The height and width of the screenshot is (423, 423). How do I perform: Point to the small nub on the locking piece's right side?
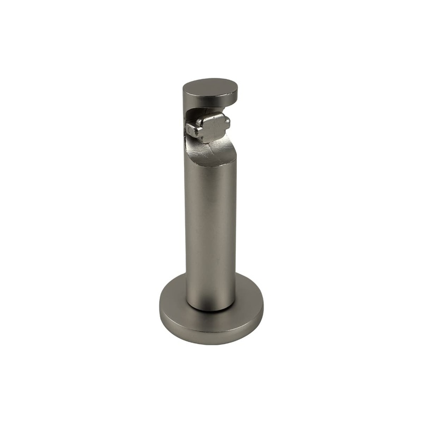pos(227,125)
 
